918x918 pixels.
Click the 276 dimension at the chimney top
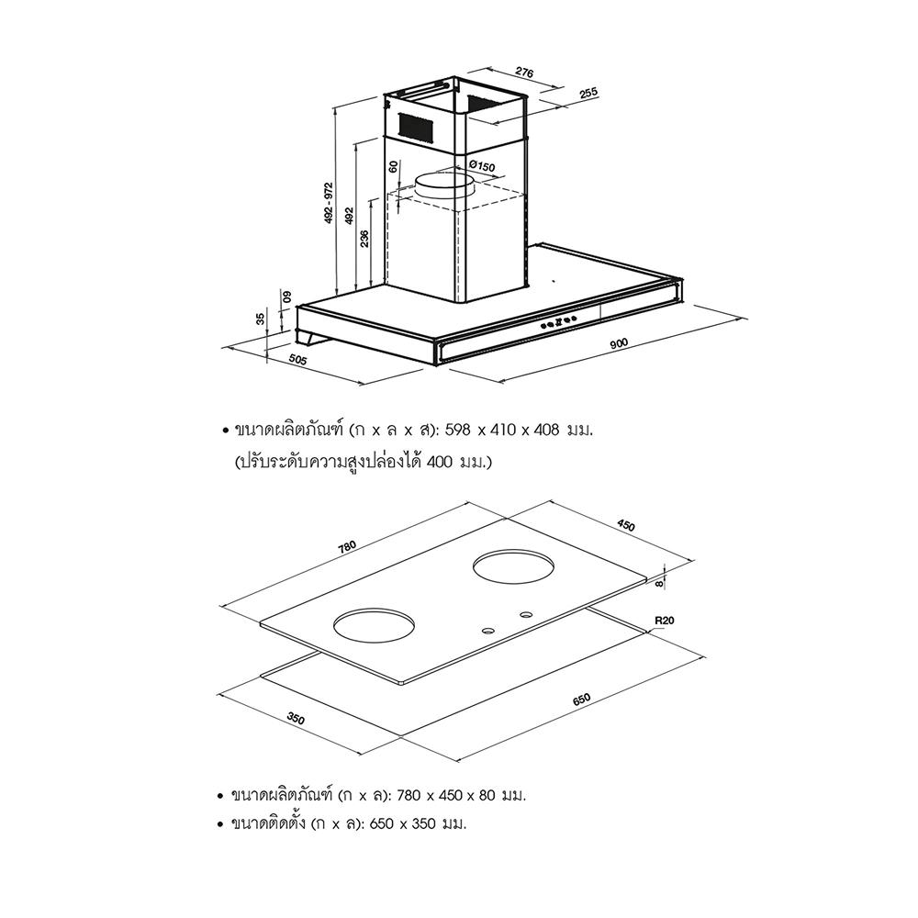524,73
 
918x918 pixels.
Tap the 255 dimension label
588,93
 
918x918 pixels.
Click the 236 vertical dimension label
364,239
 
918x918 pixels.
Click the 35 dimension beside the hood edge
261,319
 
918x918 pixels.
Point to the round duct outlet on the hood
444,186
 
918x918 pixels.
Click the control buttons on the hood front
559,321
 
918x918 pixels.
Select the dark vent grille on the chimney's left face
416,127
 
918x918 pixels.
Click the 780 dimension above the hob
347,547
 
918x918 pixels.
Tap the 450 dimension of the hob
626,526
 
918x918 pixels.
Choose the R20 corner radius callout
666,621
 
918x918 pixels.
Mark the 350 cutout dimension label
296,718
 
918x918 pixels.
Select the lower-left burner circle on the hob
374,625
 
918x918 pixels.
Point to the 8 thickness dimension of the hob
659,583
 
